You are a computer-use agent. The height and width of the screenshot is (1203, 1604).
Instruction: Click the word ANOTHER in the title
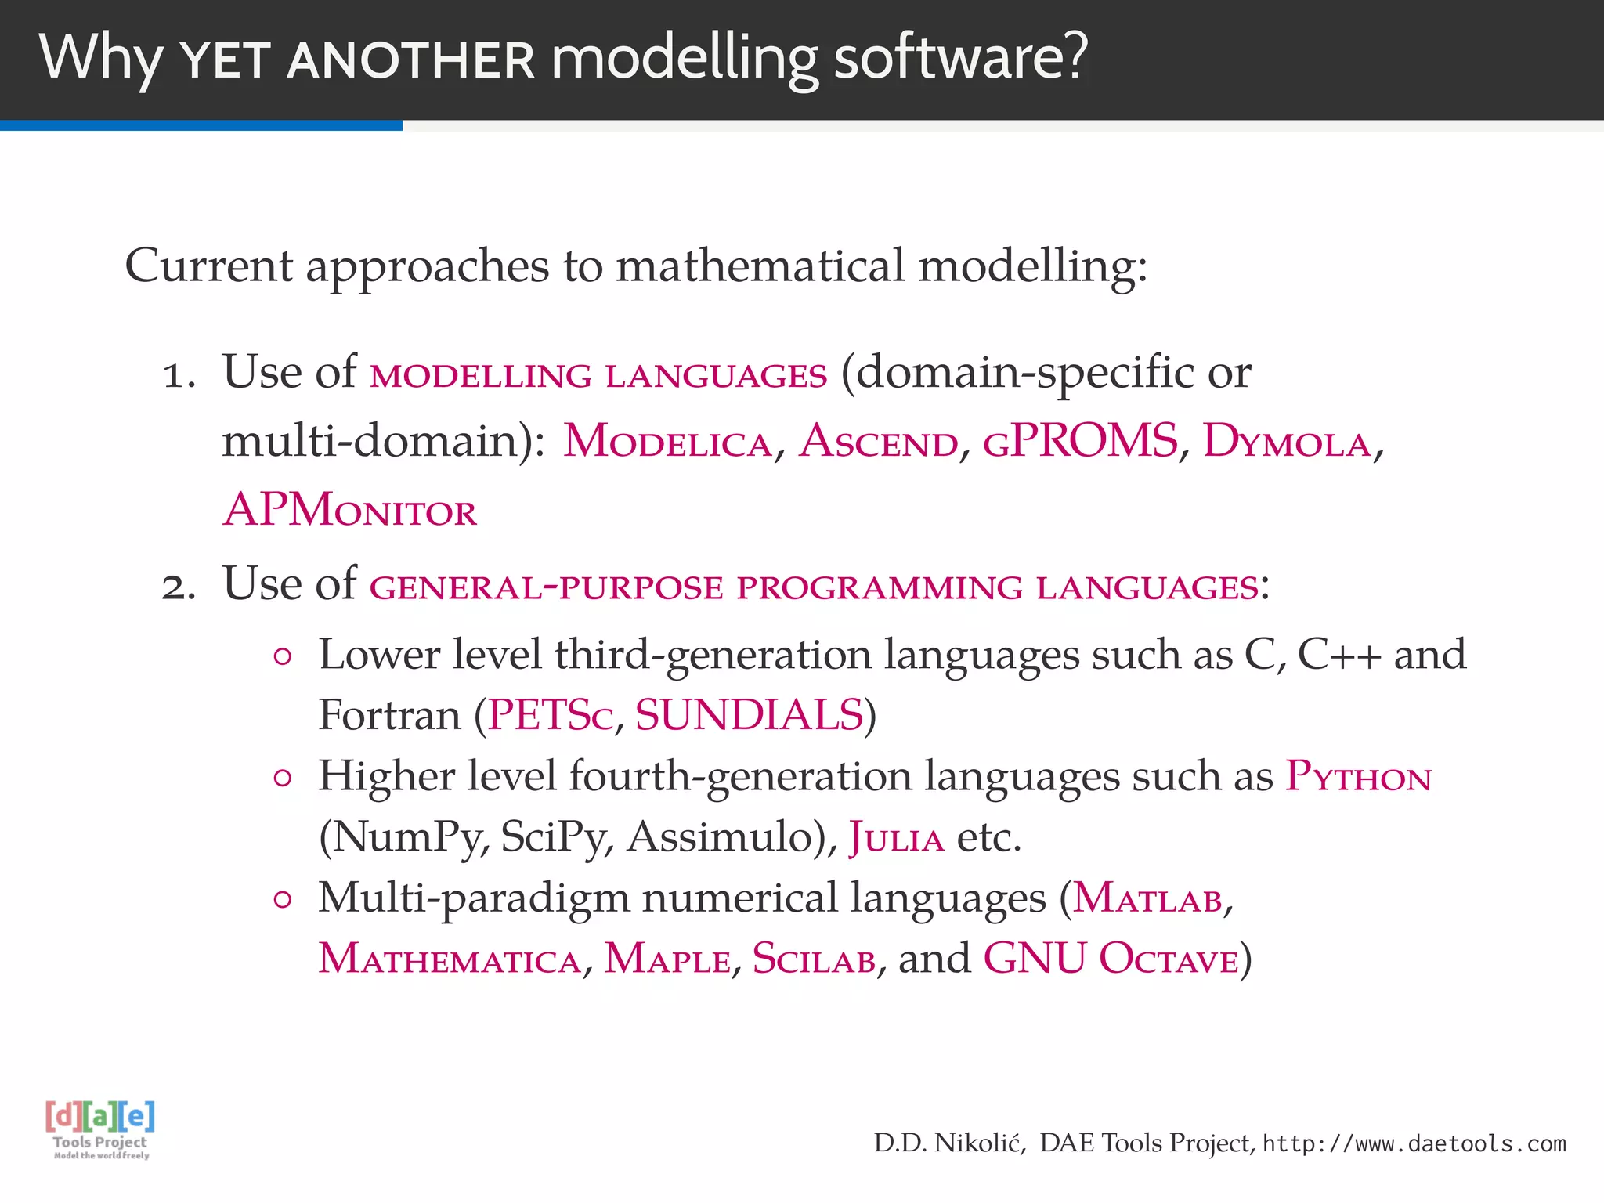coord(410,61)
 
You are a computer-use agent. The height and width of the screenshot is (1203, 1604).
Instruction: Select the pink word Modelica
coord(667,442)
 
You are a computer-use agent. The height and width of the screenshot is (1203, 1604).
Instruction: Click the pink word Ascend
coord(878,442)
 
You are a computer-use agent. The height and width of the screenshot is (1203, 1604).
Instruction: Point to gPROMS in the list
coord(1080,442)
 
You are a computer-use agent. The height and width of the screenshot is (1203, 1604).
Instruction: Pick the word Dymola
coord(1287,442)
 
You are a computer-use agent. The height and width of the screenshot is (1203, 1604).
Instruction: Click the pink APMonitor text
coord(350,511)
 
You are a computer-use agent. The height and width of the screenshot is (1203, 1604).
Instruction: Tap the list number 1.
coord(178,374)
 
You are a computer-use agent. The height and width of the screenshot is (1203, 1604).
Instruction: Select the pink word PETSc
coord(550,716)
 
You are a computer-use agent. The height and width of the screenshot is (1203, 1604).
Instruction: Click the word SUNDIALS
coord(749,716)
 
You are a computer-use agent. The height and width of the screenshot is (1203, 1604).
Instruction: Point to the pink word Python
coord(1358,777)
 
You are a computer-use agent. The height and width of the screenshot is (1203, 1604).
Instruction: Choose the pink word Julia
coord(897,838)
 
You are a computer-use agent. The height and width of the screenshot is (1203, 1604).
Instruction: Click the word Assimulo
coord(726,838)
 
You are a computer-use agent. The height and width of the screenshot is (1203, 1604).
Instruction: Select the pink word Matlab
coord(1147,899)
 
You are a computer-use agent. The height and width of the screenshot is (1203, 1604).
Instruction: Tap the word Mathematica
coord(450,959)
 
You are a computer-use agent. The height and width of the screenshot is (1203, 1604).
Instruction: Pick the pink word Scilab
coord(814,959)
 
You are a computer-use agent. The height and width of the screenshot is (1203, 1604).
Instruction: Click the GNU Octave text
coord(1111,959)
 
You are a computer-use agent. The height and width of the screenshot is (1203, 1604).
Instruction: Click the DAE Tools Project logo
coord(100,1129)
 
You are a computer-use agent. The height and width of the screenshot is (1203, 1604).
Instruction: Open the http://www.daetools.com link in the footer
coord(1414,1144)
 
